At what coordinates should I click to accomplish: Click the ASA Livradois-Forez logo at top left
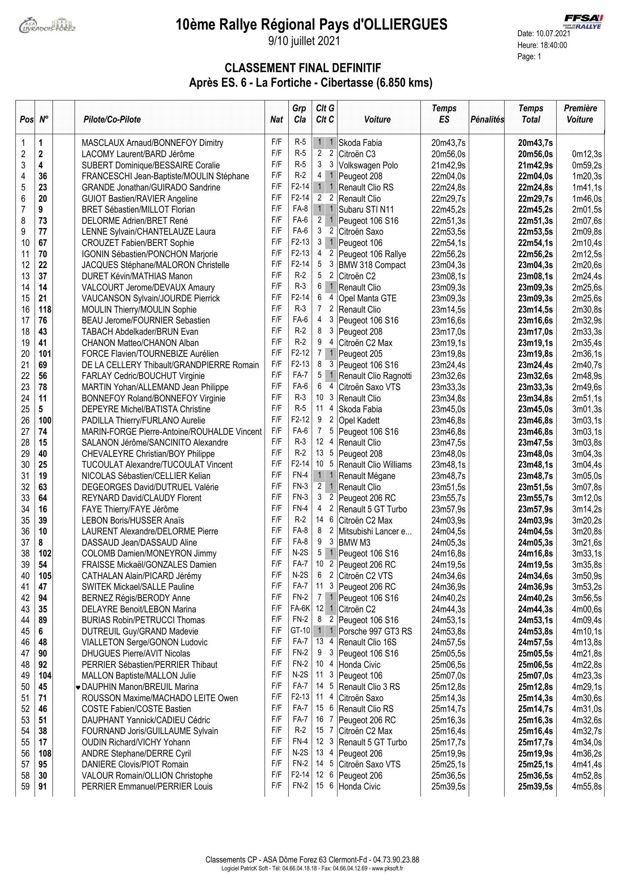pyautogui.click(x=47, y=25)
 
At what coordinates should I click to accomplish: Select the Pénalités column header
pyautogui.click(x=487, y=120)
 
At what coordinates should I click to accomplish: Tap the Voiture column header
pyautogui.click(x=377, y=120)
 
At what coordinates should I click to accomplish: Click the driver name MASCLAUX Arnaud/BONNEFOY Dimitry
pyautogui.click(x=152, y=143)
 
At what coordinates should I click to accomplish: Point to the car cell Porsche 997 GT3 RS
pyautogui.click(x=375, y=632)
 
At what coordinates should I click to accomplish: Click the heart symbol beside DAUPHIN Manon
pyautogui.click(x=78, y=687)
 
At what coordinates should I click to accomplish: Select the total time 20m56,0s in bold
pyautogui.click(x=535, y=154)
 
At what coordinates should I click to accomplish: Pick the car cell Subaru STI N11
pyautogui.click(x=366, y=210)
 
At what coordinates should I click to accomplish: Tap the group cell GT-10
pyautogui.click(x=300, y=631)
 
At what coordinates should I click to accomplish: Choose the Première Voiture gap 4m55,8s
pyautogui.click(x=586, y=787)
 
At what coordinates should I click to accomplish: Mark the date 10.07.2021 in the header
pyautogui.click(x=553, y=34)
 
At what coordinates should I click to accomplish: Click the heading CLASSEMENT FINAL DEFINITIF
pyautogui.click(x=303, y=68)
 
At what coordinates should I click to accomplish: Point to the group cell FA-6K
pyautogui.click(x=300, y=609)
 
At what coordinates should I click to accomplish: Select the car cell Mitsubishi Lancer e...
pyautogui.click(x=375, y=532)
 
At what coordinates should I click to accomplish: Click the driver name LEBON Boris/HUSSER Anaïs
pyautogui.click(x=132, y=521)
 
